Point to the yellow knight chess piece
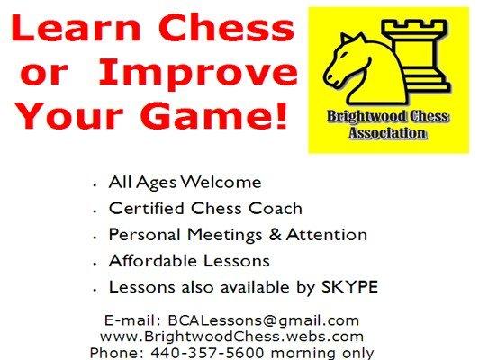[360, 67]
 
